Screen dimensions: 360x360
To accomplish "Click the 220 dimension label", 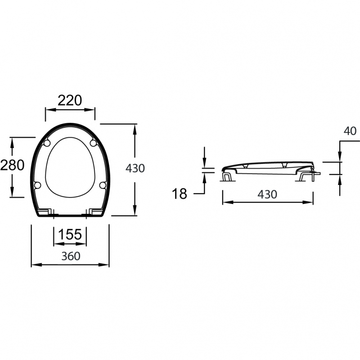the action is [70, 100].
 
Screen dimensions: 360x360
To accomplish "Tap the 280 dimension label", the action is [12, 165].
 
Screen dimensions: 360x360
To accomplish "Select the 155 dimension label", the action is [70, 234].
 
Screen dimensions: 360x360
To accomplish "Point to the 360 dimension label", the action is [71, 256].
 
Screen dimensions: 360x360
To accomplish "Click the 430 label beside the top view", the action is [135, 168].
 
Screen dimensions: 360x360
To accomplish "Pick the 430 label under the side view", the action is [267, 194].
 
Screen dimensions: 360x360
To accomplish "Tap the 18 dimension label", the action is [179, 194].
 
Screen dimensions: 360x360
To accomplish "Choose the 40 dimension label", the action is [350, 131].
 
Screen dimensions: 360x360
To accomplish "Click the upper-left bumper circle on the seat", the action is [47, 143].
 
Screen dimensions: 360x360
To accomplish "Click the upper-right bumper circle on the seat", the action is [93, 143].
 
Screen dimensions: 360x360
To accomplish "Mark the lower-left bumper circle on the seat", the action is [37, 185].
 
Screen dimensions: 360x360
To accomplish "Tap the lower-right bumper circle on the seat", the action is [103, 185].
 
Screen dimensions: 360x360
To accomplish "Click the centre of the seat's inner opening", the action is [70, 167].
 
